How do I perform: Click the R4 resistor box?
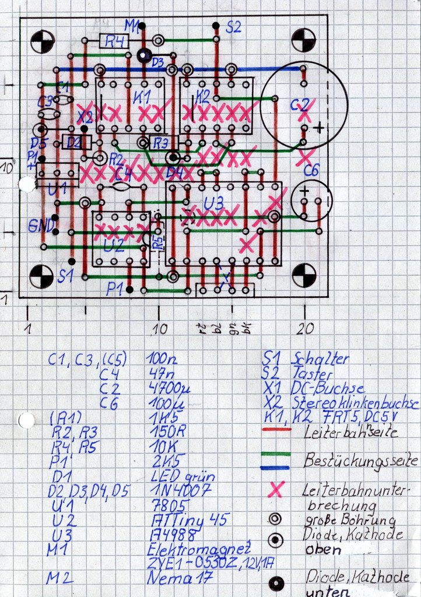click(x=115, y=41)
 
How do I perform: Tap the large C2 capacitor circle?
click(x=303, y=105)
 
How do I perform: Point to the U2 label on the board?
click(x=113, y=245)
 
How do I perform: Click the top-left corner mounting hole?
click(x=43, y=41)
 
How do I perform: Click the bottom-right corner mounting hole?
click(x=304, y=275)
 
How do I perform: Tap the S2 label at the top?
click(x=233, y=27)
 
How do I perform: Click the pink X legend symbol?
click(x=276, y=490)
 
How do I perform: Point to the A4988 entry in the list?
click(x=169, y=535)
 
